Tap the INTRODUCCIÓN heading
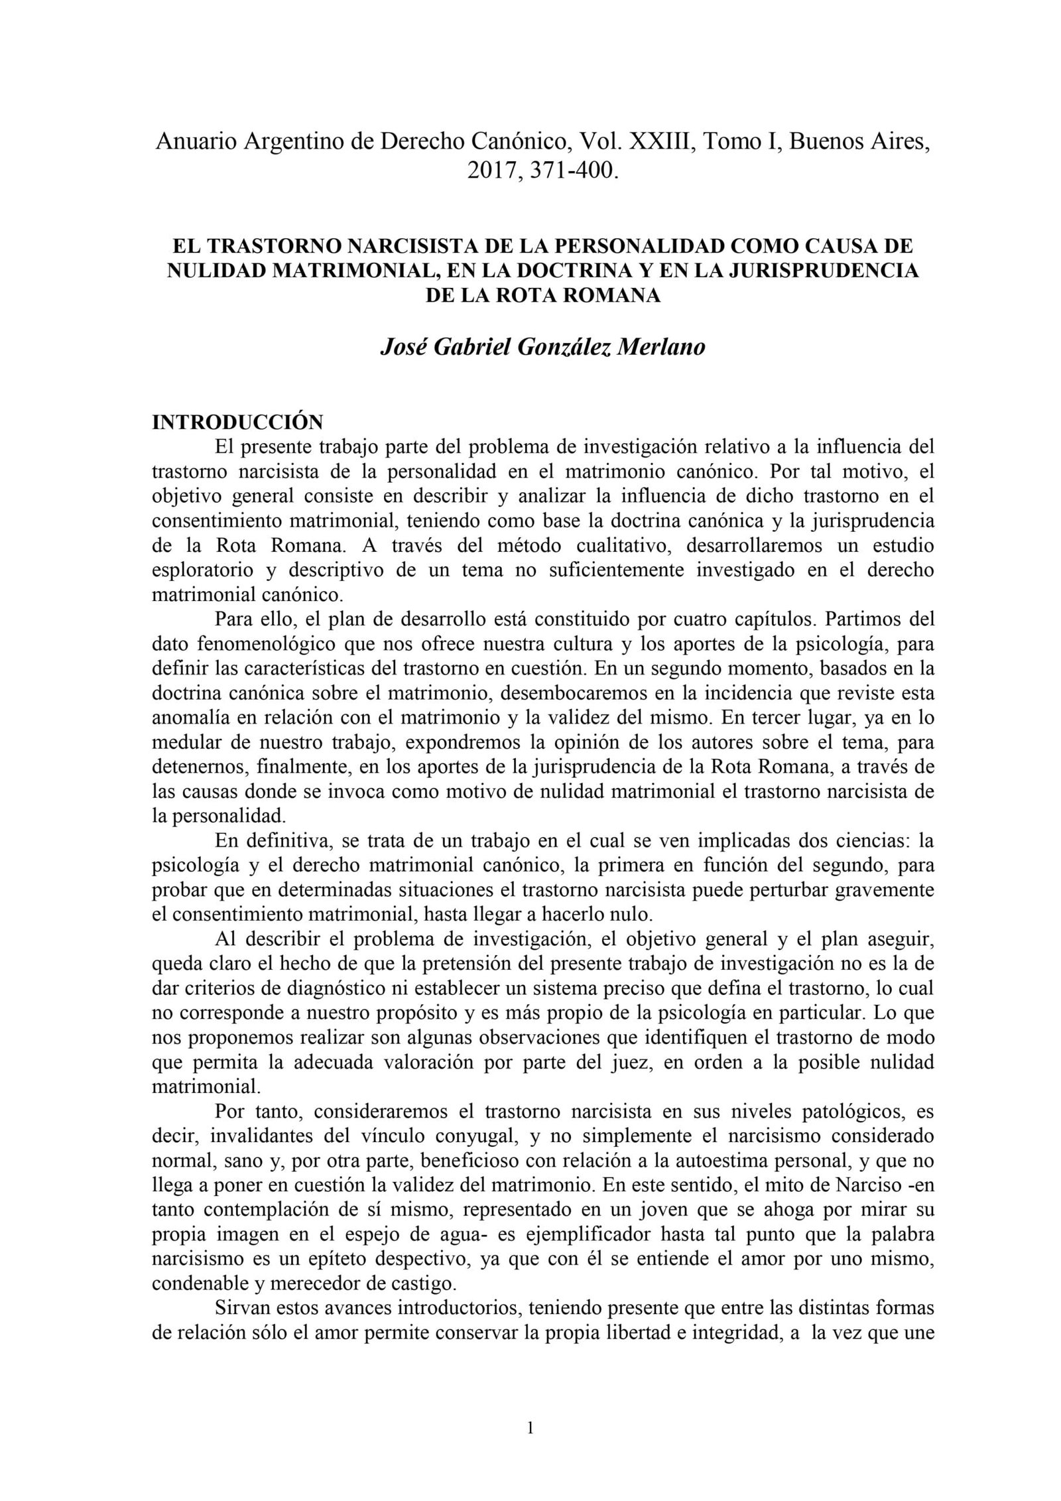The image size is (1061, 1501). coord(237,422)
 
